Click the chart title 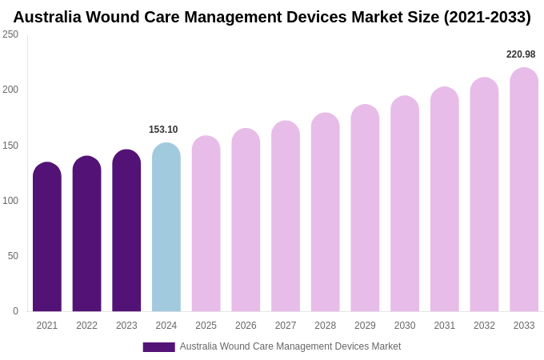pyautogui.click(x=272, y=17)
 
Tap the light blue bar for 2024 pyautogui.click(x=166, y=227)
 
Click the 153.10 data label pyautogui.click(x=163, y=130)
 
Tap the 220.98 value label pyautogui.click(x=521, y=54)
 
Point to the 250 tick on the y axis pyautogui.click(x=10, y=34)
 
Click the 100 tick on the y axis pyautogui.click(x=10, y=201)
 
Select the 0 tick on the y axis pyautogui.click(x=15, y=311)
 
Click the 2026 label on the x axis pyautogui.click(x=246, y=326)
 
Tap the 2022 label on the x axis pyautogui.click(x=86, y=326)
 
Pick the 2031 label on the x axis pyautogui.click(x=445, y=326)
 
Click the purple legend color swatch pyautogui.click(x=158, y=347)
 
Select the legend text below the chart pyautogui.click(x=290, y=346)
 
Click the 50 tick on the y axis pyautogui.click(x=13, y=256)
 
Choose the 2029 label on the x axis pyautogui.click(x=365, y=326)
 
